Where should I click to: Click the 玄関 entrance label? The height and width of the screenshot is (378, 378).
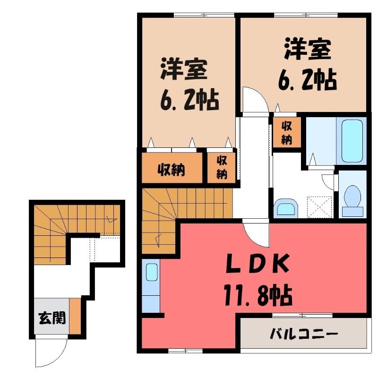(x=52, y=318)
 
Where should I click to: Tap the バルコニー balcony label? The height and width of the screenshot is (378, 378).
(x=304, y=334)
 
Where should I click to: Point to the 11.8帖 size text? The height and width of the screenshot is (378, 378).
(x=258, y=295)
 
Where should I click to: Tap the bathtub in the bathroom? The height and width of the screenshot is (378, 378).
(x=352, y=141)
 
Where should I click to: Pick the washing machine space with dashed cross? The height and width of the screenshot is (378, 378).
(x=319, y=207)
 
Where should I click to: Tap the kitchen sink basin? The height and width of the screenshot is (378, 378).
(x=152, y=273)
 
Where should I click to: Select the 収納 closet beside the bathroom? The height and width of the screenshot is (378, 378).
(x=287, y=132)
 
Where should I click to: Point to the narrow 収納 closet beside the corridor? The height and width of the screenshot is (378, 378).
(x=221, y=167)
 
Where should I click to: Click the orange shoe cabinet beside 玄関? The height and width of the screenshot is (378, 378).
(x=75, y=316)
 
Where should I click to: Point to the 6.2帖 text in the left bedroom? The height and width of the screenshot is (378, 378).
(x=190, y=100)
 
